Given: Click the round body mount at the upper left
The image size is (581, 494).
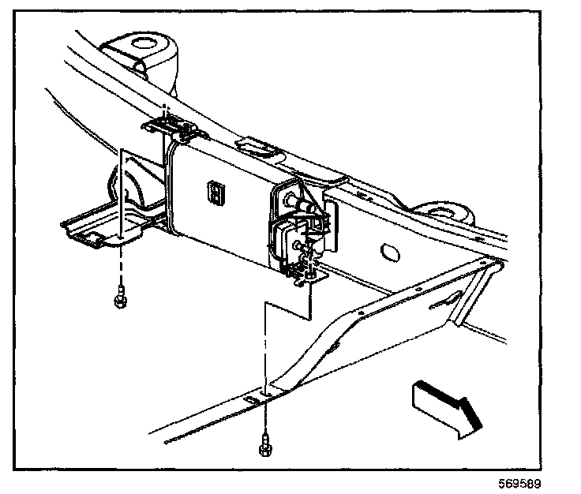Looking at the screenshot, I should [x=144, y=47].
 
